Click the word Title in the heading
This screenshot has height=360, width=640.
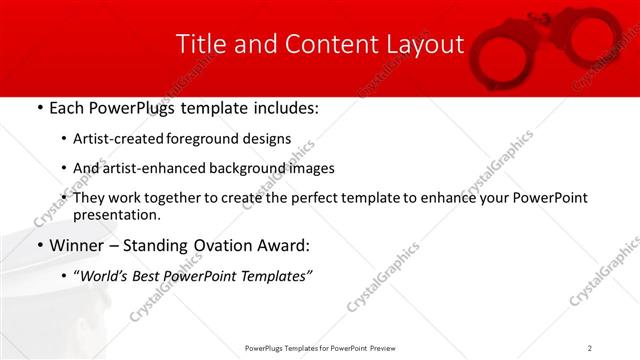click(x=199, y=44)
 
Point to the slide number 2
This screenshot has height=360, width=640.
click(x=590, y=347)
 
